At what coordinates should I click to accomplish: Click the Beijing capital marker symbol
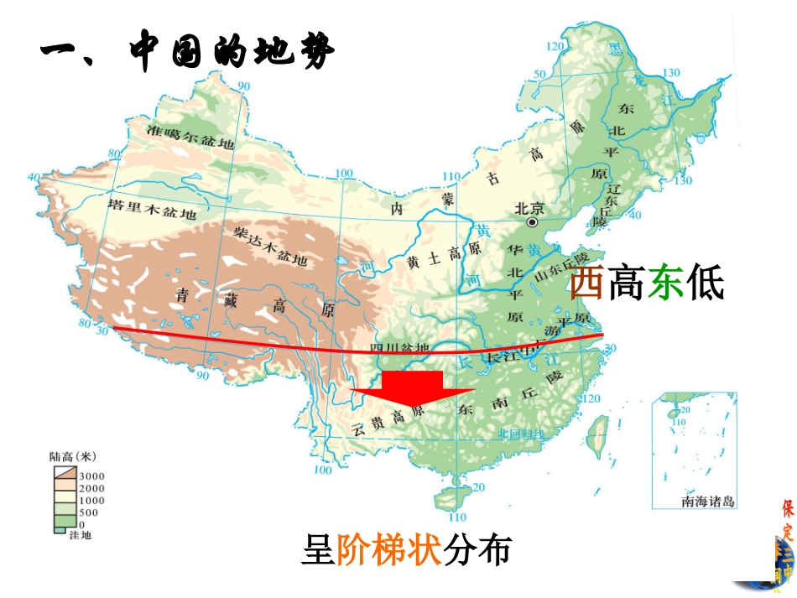(532, 224)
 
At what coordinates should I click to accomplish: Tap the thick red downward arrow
(412, 392)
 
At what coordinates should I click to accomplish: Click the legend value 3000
(91, 476)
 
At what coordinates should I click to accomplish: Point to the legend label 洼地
(81, 534)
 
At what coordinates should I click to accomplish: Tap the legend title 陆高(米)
(73, 457)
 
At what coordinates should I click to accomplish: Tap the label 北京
(531, 209)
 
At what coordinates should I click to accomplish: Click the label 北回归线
(520, 433)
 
